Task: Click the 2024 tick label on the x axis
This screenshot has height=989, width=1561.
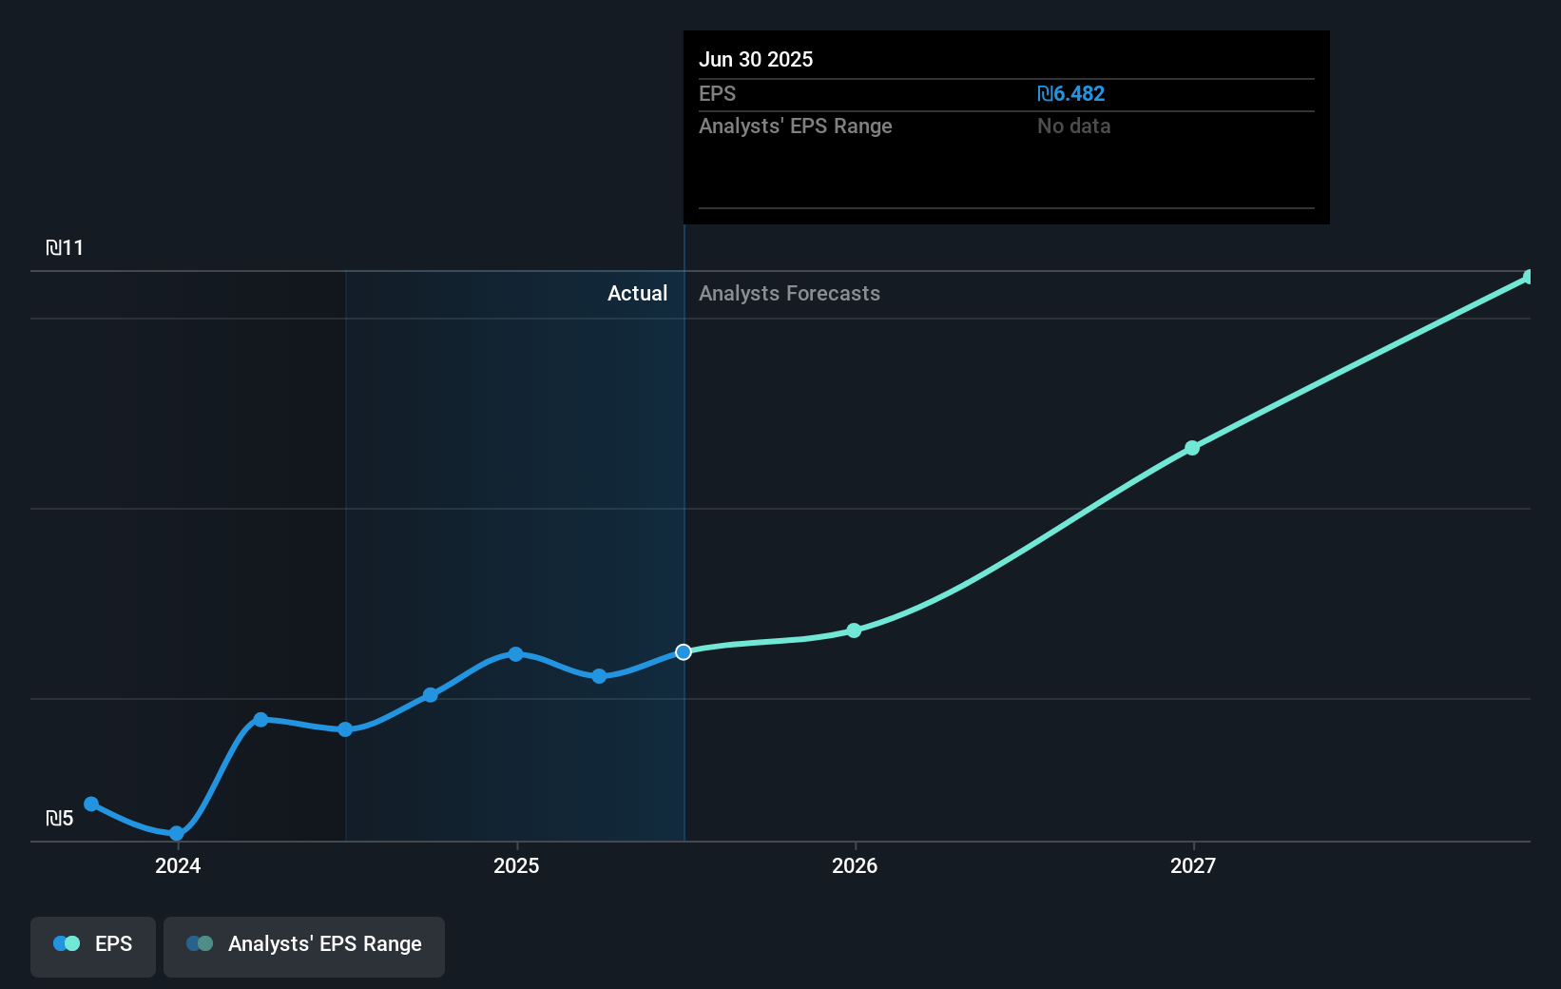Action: click(x=178, y=865)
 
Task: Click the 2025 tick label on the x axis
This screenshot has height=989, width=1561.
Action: click(x=516, y=865)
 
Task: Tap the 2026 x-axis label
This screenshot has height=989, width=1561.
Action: click(x=855, y=865)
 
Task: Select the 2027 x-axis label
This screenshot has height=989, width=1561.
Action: click(x=1193, y=865)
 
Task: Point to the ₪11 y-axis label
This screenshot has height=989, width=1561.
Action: click(x=65, y=248)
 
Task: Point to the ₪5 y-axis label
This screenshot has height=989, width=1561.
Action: click(x=59, y=819)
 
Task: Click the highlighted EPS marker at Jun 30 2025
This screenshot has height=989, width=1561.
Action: click(x=684, y=652)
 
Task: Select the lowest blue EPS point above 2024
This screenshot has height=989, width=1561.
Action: click(x=177, y=834)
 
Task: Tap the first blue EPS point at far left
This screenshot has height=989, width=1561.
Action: click(x=91, y=805)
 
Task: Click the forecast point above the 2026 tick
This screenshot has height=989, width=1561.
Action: click(x=854, y=630)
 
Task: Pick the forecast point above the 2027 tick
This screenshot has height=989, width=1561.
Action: click(x=1192, y=448)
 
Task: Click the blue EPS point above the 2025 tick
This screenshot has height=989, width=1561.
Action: click(x=515, y=654)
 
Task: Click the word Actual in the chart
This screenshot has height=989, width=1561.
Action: click(x=637, y=294)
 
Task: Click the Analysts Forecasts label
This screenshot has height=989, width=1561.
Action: click(x=789, y=294)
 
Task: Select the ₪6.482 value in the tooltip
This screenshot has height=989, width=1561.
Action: click(x=1070, y=94)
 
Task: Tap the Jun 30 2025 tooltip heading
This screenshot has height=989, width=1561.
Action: click(x=756, y=59)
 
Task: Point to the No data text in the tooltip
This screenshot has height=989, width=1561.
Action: click(x=1073, y=126)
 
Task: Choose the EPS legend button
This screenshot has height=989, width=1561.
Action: click(x=93, y=945)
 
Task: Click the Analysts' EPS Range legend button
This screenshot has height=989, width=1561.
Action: click(x=304, y=945)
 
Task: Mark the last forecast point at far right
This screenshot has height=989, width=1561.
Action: click(x=1529, y=278)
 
